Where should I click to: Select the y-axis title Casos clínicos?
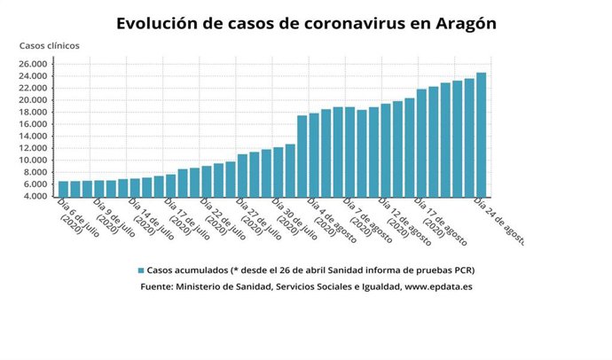[49, 45]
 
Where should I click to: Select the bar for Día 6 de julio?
[63, 188]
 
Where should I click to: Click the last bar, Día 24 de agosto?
[481, 134]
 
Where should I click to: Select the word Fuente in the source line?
[158, 287]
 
